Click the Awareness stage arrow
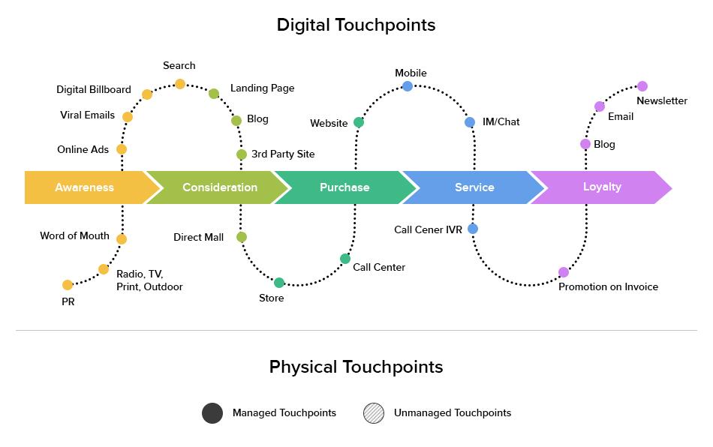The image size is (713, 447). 85,187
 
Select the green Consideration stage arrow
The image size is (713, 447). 219,187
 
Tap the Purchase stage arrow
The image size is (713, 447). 344,187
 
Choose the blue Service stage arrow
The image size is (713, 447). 474,187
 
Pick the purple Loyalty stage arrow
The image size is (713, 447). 602,187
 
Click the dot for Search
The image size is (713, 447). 180,84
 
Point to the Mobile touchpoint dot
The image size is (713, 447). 408,86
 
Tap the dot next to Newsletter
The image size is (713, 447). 642,86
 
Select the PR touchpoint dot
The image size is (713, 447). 68,285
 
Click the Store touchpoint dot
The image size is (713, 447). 279,283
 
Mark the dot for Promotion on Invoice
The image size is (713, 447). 564,272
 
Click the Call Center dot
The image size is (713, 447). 345,259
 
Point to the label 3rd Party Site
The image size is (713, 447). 283,154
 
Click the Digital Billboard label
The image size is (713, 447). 94,89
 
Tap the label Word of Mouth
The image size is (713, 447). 74,235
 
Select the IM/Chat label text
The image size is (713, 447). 501,121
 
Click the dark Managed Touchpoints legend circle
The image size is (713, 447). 212,413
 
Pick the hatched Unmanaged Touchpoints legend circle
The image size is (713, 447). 374,413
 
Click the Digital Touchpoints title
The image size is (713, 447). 356,25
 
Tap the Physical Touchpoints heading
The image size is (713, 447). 356,367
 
